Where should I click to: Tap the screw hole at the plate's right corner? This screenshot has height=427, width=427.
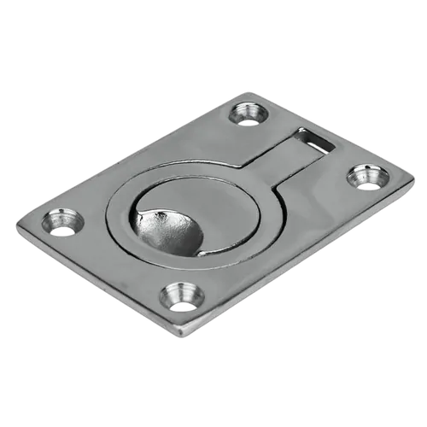[x=366, y=180]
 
